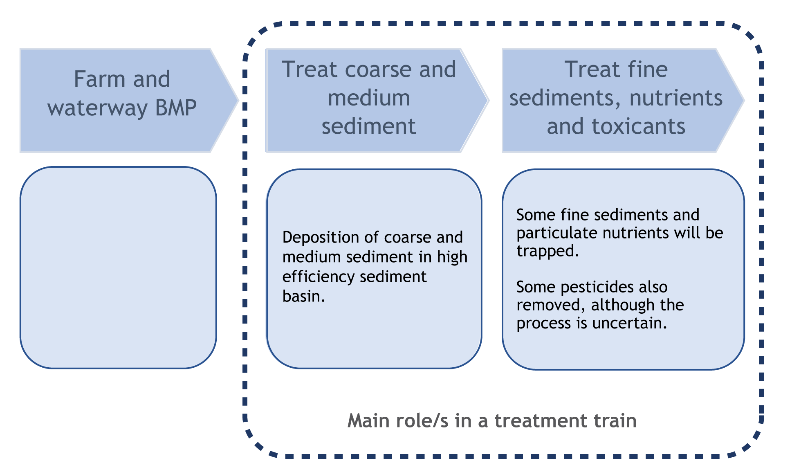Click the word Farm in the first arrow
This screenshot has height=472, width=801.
tap(99, 79)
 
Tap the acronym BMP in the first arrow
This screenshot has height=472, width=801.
tap(176, 108)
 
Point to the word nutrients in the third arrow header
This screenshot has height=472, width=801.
tap(676, 98)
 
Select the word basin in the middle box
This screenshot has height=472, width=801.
tap(302, 297)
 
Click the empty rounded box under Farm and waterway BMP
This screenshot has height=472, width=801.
tap(118, 267)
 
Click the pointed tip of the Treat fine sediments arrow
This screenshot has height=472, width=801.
tap(743, 100)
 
